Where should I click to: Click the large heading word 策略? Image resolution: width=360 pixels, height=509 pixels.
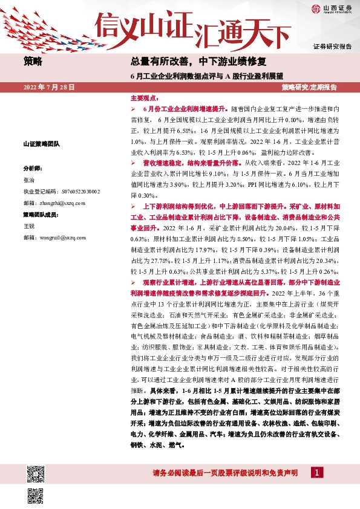pyautogui.click(x=33, y=61)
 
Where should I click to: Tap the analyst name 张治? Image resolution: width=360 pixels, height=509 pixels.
pyautogui.click(x=29, y=180)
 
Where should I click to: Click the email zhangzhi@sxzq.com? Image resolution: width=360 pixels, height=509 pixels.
pyautogui.click(x=50, y=203)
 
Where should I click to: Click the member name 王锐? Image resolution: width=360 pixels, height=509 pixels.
pyautogui.click(x=29, y=226)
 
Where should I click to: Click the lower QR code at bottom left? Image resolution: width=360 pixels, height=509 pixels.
pyautogui.click(x=36, y=496)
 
